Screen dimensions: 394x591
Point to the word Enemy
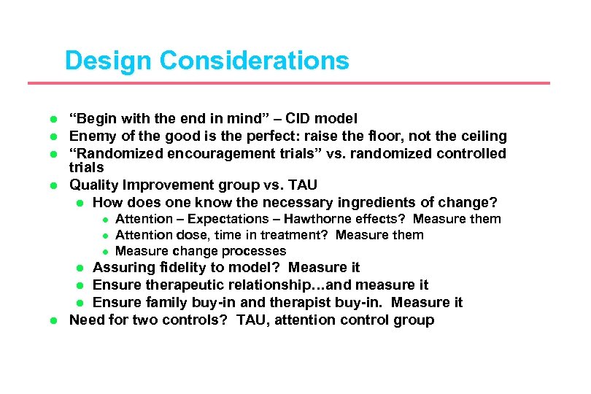tap(90, 136)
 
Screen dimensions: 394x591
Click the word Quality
tap(93, 185)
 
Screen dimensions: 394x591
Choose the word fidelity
tap(170, 268)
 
